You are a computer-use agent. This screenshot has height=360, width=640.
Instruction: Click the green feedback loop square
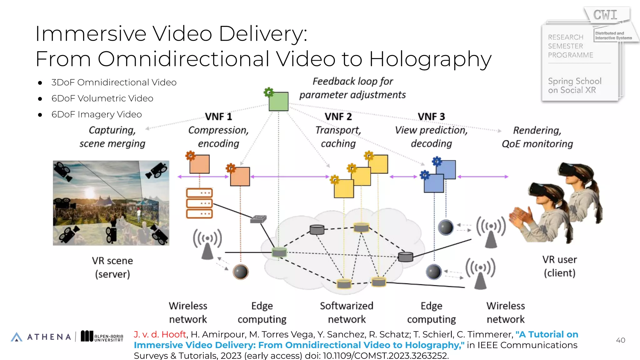(x=278, y=101)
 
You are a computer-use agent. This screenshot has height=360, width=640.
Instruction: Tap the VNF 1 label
(x=218, y=117)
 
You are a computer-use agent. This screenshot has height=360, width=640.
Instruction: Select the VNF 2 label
(x=338, y=117)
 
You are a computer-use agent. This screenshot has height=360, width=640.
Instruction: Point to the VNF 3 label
(x=431, y=117)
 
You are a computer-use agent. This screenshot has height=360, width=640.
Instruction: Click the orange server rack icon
(x=199, y=203)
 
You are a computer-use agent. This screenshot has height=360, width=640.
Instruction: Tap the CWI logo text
(x=605, y=15)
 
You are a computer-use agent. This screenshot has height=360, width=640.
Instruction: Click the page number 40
(x=620, y=340)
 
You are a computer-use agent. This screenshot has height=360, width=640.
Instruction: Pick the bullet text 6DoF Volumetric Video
(x=102, y=98)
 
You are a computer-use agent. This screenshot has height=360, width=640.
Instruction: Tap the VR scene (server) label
(x=112, y=267)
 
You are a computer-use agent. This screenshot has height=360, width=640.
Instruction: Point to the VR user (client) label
(x=559, y=266)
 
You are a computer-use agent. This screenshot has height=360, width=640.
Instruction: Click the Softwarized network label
(x=347, y=312)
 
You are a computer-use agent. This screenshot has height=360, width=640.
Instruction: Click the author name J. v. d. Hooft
(x=160, y=334)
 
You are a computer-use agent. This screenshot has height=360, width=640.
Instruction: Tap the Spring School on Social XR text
(x=574, y=86)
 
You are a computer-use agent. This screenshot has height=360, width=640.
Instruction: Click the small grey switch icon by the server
(x=258, y=219)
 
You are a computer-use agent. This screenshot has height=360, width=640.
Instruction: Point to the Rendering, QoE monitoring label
(x=537, y=137)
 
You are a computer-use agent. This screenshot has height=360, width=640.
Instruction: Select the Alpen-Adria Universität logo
(x=102, y=336)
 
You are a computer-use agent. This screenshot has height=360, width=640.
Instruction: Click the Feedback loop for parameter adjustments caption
(x=352, y=88)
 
